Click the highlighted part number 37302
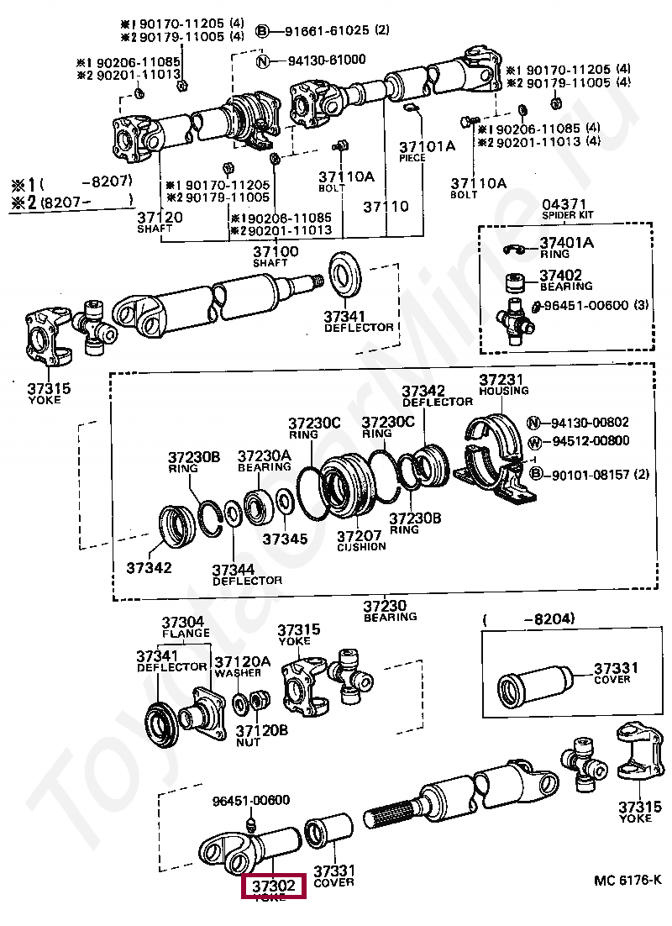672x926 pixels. pyautogui.click(x=274, y=886)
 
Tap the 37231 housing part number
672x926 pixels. pyautogui.click(x=501, y=380)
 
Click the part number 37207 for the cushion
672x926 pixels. pyautogui.click(x=360, y=535)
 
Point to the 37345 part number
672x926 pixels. pyautogui.click(x=285, y=539)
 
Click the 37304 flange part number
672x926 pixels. pyautogui.click(x=182, y=623)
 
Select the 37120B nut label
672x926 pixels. pyautogui.click(x=261, y=730)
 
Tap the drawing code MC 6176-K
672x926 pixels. pyautogui.click(x=627, y=880)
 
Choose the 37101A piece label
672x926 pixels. pyautogui.click(x=426, y=146)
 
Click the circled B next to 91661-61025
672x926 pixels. pyautogui.click(x=261, y=31)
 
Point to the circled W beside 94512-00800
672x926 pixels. pyautogui.click(x=534, y=440)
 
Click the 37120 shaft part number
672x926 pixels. pyautogui.click(x=160, y=217)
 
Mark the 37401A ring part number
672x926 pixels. pyautogui.click(x=565, y=243)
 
